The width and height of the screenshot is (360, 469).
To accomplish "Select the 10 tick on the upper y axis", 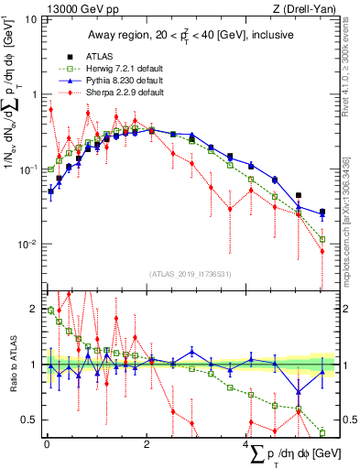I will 30,19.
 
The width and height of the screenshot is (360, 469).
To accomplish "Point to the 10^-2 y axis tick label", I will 27,245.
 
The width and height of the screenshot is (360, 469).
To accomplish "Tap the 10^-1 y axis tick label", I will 27,169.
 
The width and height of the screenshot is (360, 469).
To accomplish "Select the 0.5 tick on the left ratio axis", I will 29,420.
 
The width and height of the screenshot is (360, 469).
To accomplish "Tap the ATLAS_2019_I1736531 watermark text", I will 190,273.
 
